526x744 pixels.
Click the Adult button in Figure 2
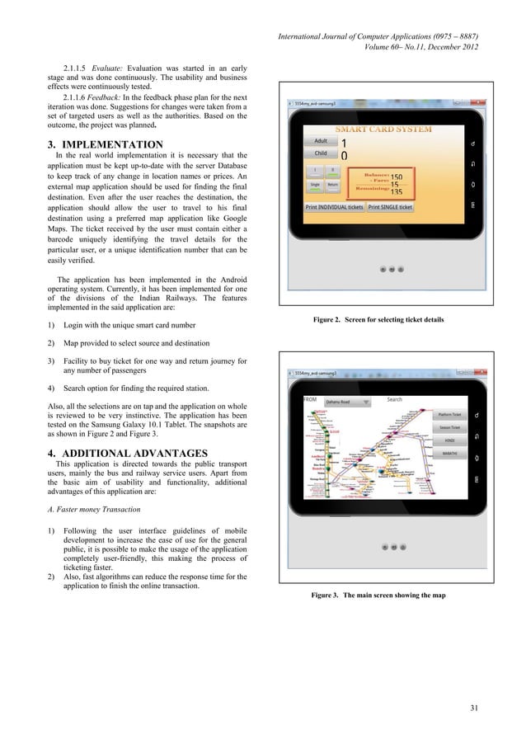(x=321, y=141)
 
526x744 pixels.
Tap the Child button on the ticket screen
(x=321, y=153)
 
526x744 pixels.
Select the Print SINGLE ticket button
(x=390, y=207)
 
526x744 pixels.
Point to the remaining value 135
(x=397, y=191)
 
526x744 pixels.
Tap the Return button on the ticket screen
(x=331, y=185)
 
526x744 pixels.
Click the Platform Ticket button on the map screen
(x=450, y=414)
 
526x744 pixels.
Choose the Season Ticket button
(x=450, y=427)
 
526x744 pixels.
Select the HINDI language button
(x=450, y=440)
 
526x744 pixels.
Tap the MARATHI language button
(x=450, y=454)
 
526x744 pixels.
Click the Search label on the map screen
(x=395, y=400)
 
